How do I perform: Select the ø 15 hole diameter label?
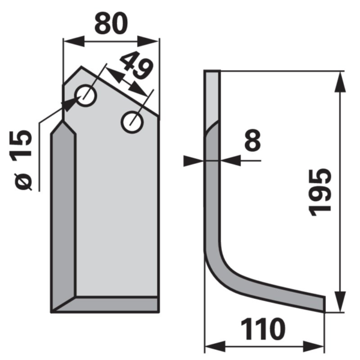[x=22, y=160]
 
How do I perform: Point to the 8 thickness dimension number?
[x=253, y=140]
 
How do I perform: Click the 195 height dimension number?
[x=320, y=193]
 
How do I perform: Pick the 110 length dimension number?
[x=263, y=329]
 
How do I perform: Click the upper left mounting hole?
[x=86, y=95]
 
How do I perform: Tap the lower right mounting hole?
[x=132, y=122]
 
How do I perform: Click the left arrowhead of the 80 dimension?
[x=74, y=41]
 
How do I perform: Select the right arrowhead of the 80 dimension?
[x=148, y=41]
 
